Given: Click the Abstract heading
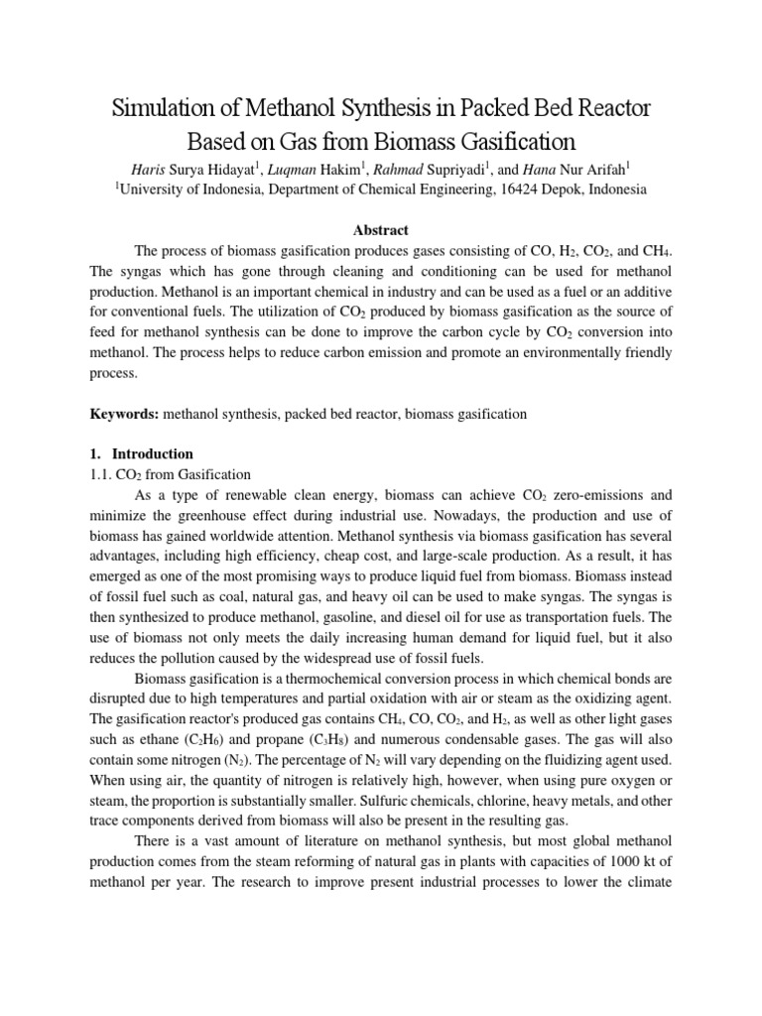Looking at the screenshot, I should tap(380, 230).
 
